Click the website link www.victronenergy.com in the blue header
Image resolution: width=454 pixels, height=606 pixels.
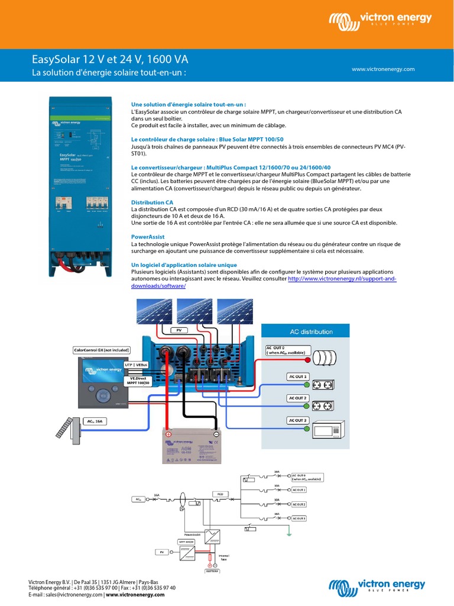point(383,69)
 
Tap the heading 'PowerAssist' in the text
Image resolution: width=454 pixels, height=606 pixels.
point(148,237)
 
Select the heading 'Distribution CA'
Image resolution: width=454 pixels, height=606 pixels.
point(152,202)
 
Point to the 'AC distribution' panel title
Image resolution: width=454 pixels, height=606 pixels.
point(311,331)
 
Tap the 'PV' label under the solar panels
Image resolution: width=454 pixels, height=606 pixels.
point(177,329)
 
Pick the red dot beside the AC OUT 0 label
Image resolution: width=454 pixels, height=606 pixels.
point(307,359)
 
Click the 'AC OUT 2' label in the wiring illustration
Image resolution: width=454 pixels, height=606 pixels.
point(297,398)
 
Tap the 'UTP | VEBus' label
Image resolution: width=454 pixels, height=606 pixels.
point(136,366)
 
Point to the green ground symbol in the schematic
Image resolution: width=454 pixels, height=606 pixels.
point(288,532)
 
